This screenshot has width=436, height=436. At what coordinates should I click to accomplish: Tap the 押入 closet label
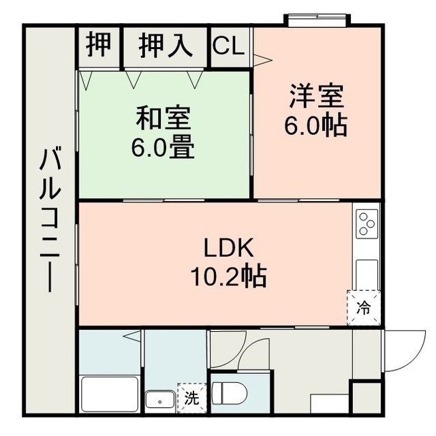166,46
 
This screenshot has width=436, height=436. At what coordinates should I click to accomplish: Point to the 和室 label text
163,118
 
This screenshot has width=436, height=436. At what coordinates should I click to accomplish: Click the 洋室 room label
317,96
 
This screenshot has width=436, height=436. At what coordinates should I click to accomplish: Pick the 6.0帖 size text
315,124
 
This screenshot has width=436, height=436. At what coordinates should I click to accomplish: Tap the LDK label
229,247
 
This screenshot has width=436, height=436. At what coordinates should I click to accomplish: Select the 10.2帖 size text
229,275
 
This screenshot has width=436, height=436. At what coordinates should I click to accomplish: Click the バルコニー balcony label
50,220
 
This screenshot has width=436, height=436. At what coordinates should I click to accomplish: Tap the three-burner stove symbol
367,223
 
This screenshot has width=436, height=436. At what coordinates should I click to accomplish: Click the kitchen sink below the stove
367,275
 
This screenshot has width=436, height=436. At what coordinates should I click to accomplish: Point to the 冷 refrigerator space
363,308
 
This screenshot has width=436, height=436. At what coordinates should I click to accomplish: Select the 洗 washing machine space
192,398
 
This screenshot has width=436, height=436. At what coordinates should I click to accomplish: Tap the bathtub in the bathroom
110,394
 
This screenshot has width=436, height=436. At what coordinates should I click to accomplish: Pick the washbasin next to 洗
160,401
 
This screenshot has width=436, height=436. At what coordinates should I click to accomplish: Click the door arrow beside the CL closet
263,61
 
